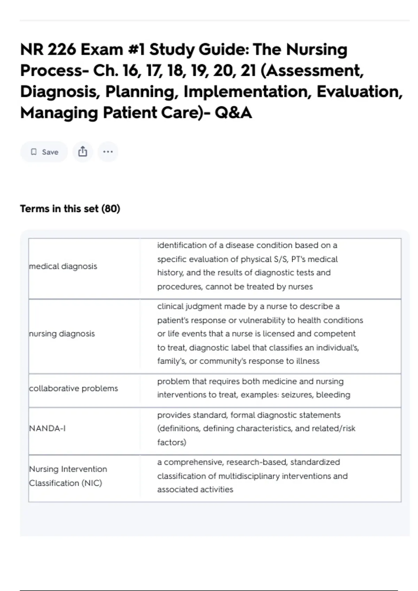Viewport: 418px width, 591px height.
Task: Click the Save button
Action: click(x=44, y=152)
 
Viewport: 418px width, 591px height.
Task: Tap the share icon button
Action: click(x=83, y=152)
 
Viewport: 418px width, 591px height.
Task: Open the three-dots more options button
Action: click(x=108, y=152)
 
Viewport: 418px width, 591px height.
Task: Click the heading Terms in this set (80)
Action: click(x=70, y=209)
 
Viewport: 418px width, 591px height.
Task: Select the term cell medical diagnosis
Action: click(x=63, y=266)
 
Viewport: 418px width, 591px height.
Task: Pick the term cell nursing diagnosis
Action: click(x=62, y=334)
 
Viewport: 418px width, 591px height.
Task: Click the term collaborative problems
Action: click(x=73, y=388)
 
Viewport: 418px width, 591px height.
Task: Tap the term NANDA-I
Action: click(x=47, y=428)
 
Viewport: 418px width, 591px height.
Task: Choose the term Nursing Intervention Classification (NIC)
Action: click(x=68, y=476)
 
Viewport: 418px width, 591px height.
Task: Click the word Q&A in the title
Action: click(x=233, y=113)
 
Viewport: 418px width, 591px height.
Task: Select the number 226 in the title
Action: click(x=61, y=49)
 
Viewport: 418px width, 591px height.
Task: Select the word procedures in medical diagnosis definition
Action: click(x=179, y=287)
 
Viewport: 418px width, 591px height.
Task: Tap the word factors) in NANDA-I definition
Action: click(x=172, y=442)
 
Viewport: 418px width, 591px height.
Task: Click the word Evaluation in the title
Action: click(x=359, y=92)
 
